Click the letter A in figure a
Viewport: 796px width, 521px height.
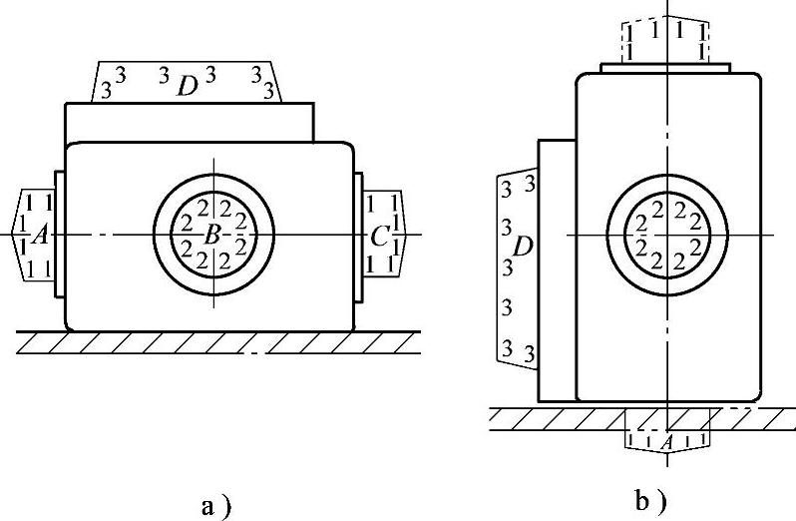click(39, 236)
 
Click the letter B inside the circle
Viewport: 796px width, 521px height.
click(211, 236)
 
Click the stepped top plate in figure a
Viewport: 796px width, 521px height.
click(190, 121)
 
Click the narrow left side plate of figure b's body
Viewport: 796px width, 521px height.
click(557, 269)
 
